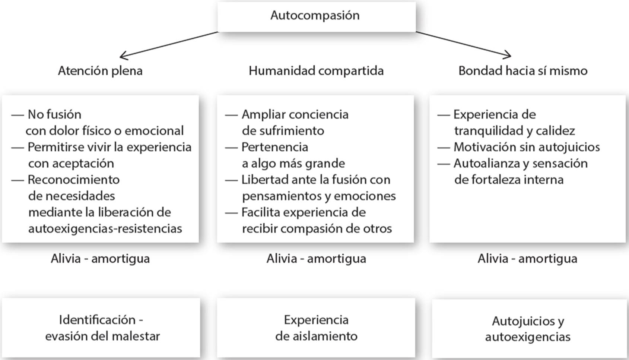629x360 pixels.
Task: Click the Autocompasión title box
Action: [x=316, y=16]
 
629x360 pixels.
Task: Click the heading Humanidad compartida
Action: [x=316, y=71]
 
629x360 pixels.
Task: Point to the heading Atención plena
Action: [x=100, y=71]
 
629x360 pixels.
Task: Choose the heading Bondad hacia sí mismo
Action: [x=522, y=71]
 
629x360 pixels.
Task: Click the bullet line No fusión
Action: [x=54, y=114]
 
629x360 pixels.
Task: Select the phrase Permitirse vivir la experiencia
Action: [x=109, y=147]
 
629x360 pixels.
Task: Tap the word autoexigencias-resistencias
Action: [x=105, y=228]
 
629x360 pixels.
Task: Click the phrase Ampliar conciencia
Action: [x=295, y=114]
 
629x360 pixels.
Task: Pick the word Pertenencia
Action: [x=275, y=147]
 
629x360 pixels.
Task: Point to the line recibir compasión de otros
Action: [x=317, y=228]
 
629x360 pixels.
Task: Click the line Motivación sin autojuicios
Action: [x=527, y=147]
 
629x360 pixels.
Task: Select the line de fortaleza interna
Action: [x=509, y=180]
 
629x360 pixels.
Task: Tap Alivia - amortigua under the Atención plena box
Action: [x=100, y=259]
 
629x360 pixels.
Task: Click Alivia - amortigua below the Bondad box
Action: [x=527, y=259]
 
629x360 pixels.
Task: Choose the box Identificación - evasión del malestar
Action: [x=101, y=328]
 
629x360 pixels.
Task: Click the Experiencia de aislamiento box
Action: [x=316, y=328]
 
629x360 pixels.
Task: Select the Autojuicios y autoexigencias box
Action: [x=528, y=328]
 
